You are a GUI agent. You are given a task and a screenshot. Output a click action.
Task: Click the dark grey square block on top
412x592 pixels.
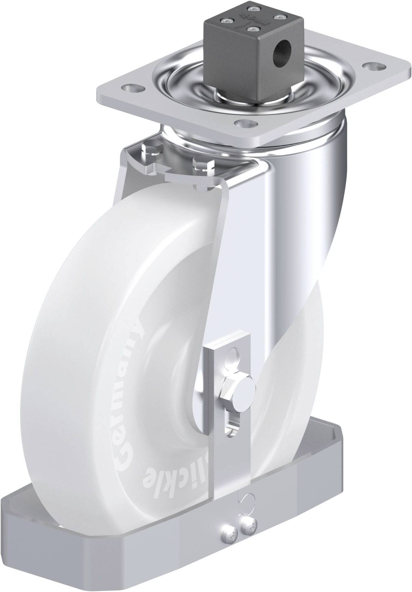click(x=253, y=51)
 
